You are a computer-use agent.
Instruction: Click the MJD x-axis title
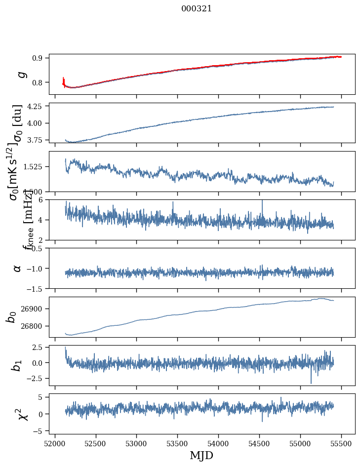coord(201,456)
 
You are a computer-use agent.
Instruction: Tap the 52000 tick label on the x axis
coord(55,443)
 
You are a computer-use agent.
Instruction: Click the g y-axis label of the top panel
coord(20,74)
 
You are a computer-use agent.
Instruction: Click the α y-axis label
coord(17,268)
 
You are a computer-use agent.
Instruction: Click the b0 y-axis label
coord(11,317)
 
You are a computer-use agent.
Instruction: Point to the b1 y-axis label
coord(17,365)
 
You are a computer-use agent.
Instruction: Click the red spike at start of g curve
coord(64,80)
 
